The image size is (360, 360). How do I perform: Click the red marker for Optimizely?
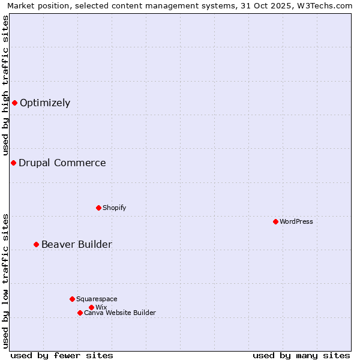click(14, 103)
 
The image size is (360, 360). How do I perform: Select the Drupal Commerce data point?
click(13, 163)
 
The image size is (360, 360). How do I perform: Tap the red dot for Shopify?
click(98, 208)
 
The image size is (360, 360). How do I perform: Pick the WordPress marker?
click(275, 221)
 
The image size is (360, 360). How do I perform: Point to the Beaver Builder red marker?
click(36, 244)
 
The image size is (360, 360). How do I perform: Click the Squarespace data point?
click(72, 299)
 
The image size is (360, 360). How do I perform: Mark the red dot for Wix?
click(91, 307)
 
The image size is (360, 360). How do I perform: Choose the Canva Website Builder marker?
click(80, 313)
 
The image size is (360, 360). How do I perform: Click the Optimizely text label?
click(45, 103)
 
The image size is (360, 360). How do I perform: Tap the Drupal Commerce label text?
click(62, 163)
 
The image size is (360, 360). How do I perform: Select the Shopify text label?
click(114, 208)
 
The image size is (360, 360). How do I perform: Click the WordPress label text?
click(296, 221)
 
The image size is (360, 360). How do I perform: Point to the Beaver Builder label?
click(77, 244)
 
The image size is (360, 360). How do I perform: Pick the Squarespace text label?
click(97, 299)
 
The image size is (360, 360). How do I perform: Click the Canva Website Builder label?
click(120, 313)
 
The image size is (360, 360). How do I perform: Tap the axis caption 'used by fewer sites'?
click(62, 355)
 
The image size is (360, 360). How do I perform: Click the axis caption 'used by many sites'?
click(301, 355)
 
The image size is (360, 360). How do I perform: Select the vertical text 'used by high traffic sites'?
click(5, 85)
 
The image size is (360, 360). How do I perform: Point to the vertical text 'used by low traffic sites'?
click(5, 281)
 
